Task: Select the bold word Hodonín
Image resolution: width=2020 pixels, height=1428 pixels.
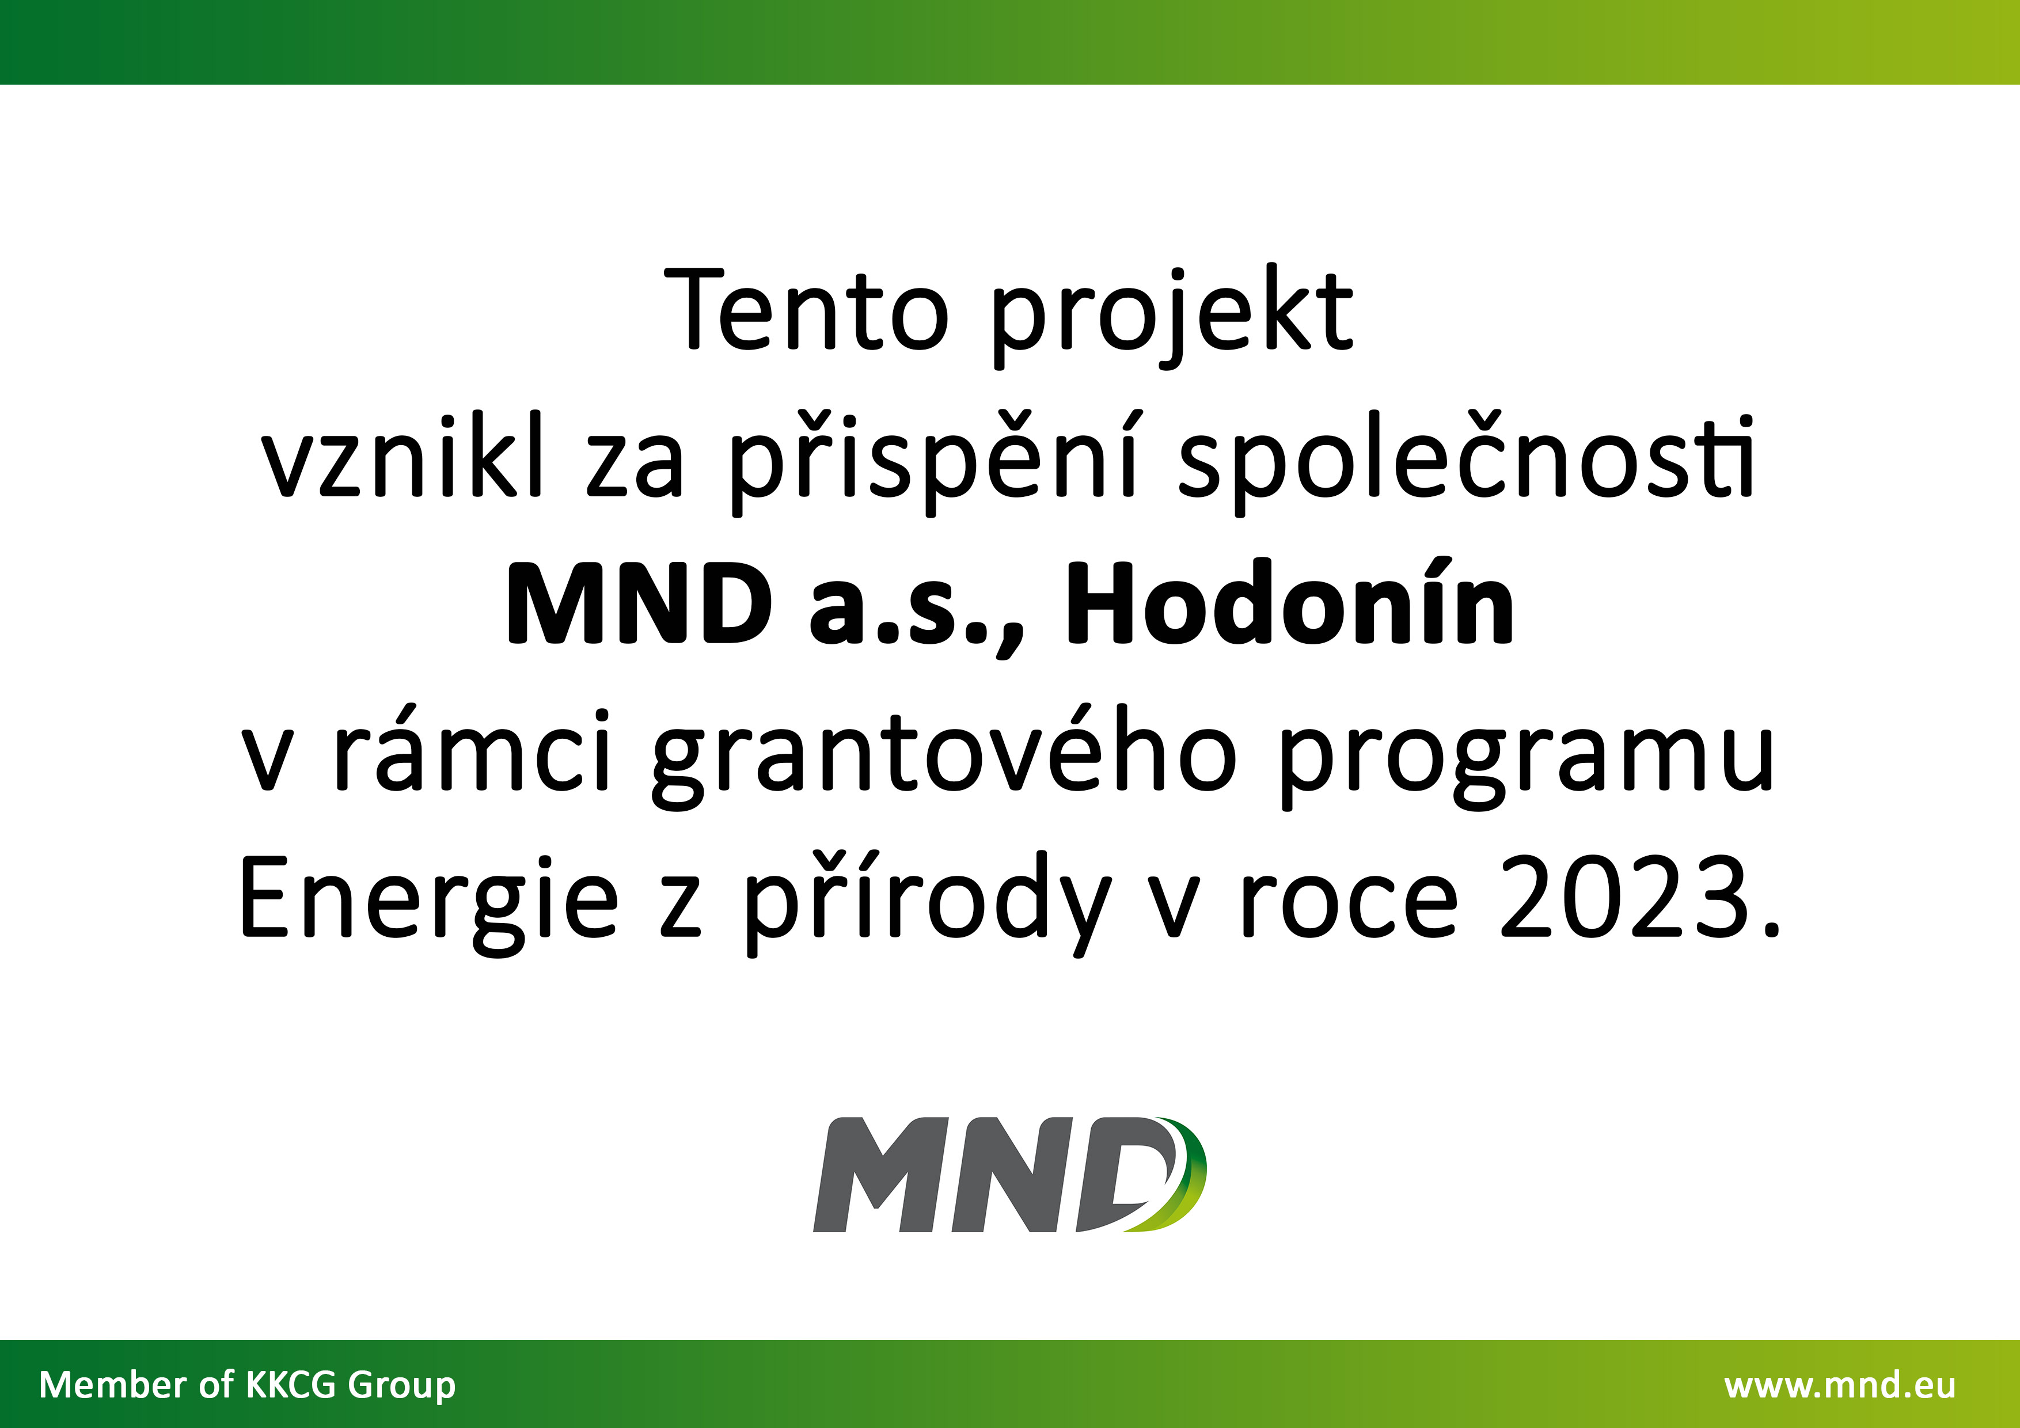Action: click(1290, 601)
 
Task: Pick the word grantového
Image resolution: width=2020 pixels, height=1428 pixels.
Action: click(944, 755)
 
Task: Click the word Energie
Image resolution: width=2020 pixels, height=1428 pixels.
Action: click(428, 903)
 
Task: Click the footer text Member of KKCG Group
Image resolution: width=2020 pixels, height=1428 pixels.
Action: click(247, 1385)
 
